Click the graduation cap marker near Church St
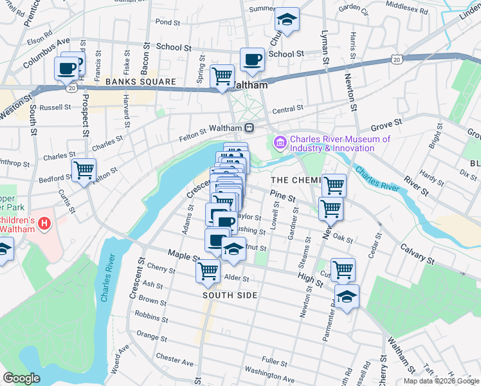click(x=287, y=19)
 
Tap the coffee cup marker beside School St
click(x=252, y=60)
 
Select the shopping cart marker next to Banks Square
click(x=222, y=76)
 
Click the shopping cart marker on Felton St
click(x=84, y=170)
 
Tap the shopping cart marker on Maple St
click(x=208, y=271)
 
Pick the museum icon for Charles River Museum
click(x=280, y=141)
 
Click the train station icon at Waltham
click(x=249, y=127)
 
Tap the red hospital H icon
click(x=44, y=224)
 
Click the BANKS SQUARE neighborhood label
click(x=140, y=82)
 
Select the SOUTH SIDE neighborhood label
click(x=230, y=295)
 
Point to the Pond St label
click(x=167, y=22)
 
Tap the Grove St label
click(x=386, y=121)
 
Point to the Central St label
click(x=287, y=110)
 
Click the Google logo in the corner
click(x=21, y=378)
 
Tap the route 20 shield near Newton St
click(x=397, y=60)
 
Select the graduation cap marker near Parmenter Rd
click(x=347, y=297)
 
